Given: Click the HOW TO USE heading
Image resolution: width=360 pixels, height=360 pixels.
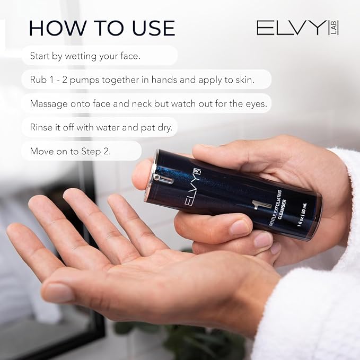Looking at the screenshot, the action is point(102,28).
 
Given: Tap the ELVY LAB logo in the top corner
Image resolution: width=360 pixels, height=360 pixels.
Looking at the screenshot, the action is point(297,28).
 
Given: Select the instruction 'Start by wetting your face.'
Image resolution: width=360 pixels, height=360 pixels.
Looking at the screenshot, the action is point(85,56).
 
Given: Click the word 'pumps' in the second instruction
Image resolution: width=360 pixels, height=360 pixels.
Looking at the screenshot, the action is point(85,81).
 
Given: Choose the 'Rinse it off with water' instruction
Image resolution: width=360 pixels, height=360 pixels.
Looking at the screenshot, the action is point(101,127).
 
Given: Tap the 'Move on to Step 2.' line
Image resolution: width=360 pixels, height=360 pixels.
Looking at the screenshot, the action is point(71,151).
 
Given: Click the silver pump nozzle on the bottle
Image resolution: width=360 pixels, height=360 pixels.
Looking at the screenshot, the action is point(163,179).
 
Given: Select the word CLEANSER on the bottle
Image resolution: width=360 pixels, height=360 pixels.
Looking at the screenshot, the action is point(282,209).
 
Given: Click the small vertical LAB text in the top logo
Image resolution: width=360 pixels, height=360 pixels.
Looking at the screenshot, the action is point(335,28).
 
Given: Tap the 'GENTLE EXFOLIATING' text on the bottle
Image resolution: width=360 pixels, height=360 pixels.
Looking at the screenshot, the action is point(275,207).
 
